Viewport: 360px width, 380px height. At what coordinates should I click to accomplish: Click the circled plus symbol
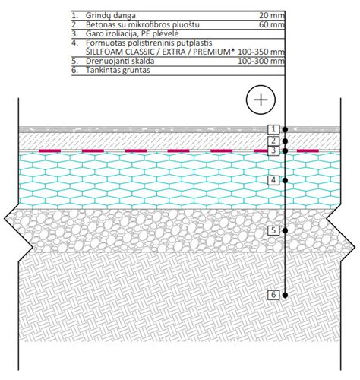(x=261, y=100)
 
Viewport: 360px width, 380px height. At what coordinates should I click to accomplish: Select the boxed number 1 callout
(x=273, y=129)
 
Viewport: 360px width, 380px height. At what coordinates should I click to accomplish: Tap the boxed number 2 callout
(x=273, y=141)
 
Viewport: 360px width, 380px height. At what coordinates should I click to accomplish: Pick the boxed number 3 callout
(x=273, y=150)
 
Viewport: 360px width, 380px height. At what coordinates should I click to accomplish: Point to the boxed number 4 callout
(x=273, y=180)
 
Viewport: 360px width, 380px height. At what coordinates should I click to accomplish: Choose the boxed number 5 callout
(x=273, y=230)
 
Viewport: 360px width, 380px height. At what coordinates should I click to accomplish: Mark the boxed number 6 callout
(x=273, y=295)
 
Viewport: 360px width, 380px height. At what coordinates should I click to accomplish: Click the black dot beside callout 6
(x=285, y=295)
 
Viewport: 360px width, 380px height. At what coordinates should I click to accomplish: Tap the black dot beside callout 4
(x=285, y=180)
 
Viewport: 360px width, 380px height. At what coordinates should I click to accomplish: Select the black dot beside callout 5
(x=285, y=230)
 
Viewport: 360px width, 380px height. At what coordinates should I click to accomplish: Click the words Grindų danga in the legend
(x=111, y=16)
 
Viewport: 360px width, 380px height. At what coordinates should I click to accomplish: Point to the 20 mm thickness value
(x=272, y=16)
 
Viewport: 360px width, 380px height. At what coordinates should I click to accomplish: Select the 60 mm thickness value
(x=272, y=25)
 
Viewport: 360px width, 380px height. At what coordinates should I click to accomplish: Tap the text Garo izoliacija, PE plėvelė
(x=132, y=33)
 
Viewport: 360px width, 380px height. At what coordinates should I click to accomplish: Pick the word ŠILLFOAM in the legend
(x=105, y=52)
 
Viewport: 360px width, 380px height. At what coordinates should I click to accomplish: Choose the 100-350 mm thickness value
(x=261, y=52)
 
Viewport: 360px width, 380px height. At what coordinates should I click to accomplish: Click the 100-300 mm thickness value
(x=261, y=61)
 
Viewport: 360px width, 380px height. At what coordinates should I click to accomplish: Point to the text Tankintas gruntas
(x=118, y=70)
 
